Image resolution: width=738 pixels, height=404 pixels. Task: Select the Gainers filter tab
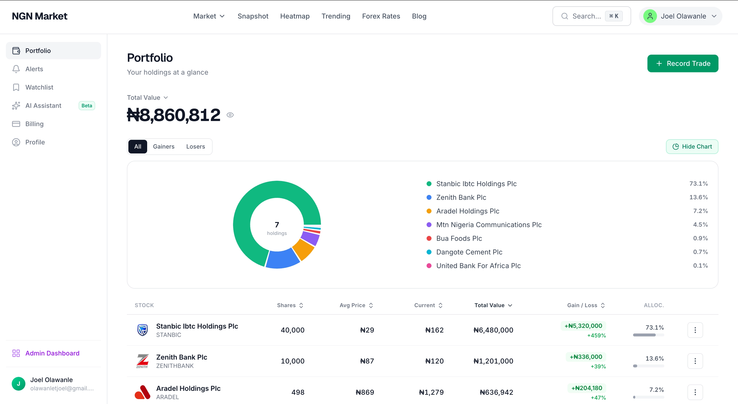coord(163,147)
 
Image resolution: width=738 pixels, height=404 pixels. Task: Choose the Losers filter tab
coord(195,147)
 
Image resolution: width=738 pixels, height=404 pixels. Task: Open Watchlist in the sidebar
coord(39,87)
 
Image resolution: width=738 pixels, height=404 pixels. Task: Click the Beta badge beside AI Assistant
coord(87,106)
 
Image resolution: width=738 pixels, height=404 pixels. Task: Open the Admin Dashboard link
coord(52,353)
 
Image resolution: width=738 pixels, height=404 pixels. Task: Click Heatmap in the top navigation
coord(295,16)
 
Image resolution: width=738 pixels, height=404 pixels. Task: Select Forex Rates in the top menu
coord(381,16)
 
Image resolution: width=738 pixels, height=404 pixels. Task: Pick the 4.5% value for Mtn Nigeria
coord(700,224)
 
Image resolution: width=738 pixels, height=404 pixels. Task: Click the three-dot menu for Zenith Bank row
coord(695,361)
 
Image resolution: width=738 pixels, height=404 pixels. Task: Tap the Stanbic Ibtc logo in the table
coord(142,330)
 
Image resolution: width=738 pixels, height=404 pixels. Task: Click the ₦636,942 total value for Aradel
coord(496,392)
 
